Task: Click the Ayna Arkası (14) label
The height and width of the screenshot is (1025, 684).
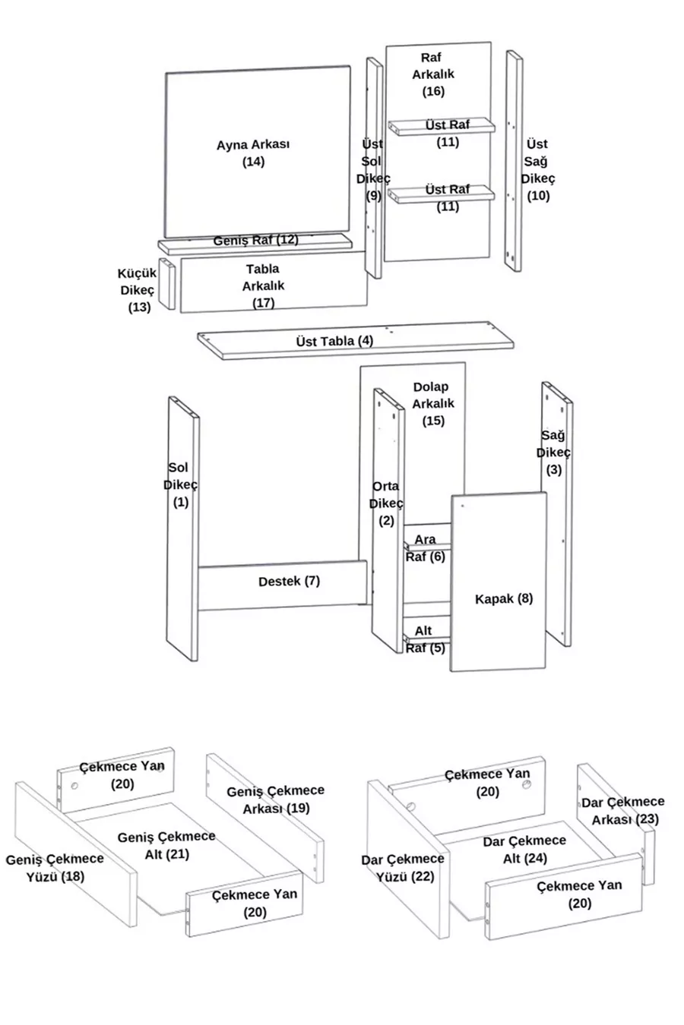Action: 253,153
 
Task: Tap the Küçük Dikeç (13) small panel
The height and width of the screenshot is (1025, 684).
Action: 166,284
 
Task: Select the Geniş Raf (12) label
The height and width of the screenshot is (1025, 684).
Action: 255,240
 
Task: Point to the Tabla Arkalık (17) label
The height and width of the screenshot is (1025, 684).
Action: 263,285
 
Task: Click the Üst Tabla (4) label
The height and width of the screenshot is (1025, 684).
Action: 334,341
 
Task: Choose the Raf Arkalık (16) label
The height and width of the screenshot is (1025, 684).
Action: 433,74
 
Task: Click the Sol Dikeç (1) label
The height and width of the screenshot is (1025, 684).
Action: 180,484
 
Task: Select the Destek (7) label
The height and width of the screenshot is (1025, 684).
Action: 289,582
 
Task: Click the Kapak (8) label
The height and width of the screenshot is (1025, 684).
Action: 504,598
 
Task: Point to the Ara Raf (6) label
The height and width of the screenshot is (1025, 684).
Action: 425,548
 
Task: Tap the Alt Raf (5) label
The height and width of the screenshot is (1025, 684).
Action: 425,639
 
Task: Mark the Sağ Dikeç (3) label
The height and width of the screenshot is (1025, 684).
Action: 553,453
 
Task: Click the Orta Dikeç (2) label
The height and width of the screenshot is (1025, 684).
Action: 386,503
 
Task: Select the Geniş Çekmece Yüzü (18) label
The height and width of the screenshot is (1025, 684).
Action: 54,868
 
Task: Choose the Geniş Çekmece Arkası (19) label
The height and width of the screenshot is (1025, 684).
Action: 275,799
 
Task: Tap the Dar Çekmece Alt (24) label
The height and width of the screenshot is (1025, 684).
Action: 524,850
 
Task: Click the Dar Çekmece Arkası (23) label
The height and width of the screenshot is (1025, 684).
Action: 623,810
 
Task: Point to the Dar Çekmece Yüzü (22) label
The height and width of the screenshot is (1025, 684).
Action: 402,868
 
